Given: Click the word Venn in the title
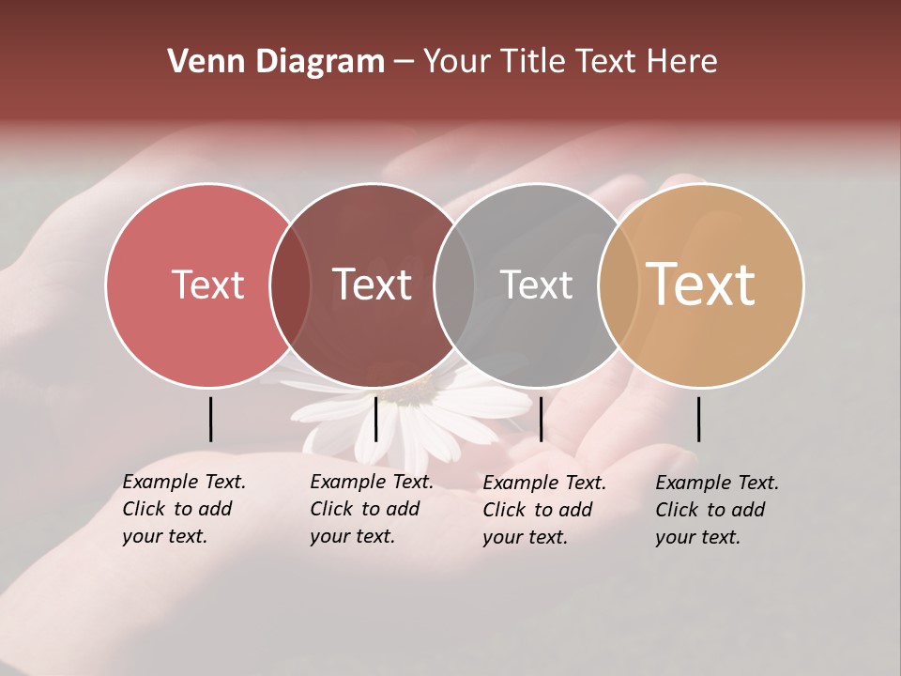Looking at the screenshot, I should point(195,62).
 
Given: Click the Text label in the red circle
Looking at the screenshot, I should point(207,284).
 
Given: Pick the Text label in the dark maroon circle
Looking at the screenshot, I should point(372,284).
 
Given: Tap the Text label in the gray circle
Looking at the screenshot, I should point(536,284).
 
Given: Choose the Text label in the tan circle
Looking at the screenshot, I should point(700,284).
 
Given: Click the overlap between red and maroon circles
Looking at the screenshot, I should point(290,285).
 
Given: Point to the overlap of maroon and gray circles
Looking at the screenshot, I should point(454,285).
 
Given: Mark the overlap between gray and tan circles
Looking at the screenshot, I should point(618,285).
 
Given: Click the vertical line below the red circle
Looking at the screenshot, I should point(210,419).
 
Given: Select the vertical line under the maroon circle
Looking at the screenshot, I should point(375,419).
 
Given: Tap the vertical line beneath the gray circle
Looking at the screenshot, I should point(541,419).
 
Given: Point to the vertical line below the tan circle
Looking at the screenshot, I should point(698,419).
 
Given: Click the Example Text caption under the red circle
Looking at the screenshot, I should point(184,509).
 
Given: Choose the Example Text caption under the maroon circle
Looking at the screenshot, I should point(372,509).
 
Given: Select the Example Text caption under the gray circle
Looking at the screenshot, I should point(544,510).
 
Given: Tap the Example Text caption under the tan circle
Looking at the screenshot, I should point(717,510).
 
